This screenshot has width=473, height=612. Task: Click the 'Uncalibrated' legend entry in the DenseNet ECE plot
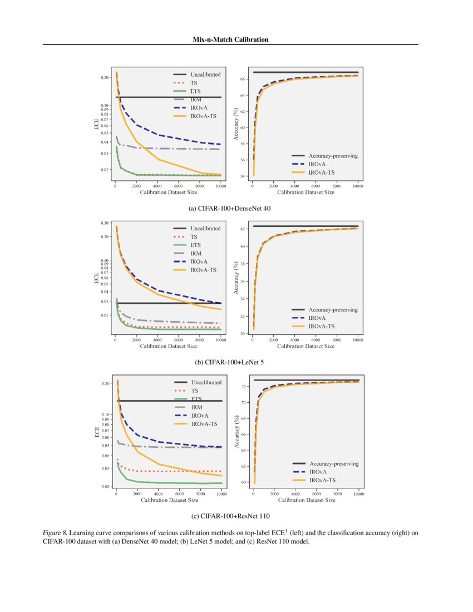[x=205, y=74]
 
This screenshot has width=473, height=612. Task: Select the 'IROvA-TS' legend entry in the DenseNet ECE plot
[x=204, y=116]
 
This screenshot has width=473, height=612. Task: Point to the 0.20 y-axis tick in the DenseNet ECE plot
[x=105, y=78]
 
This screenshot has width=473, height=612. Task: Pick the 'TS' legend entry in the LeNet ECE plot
[x=194, y=236]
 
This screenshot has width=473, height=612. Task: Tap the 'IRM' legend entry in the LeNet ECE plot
[x=196, y=253]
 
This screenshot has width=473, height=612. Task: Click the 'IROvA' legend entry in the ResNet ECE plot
[x=200, y=416]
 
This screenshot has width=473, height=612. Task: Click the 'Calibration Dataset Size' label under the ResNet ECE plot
[x=169, y=500]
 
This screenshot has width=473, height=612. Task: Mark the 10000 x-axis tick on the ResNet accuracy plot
[x=358, y=493]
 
